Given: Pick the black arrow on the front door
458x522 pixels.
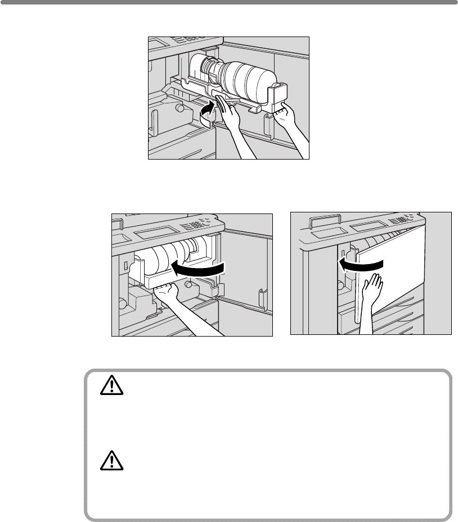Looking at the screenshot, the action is [x=360, y=264].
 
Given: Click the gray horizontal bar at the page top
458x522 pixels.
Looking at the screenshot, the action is [x=229, y=3].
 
